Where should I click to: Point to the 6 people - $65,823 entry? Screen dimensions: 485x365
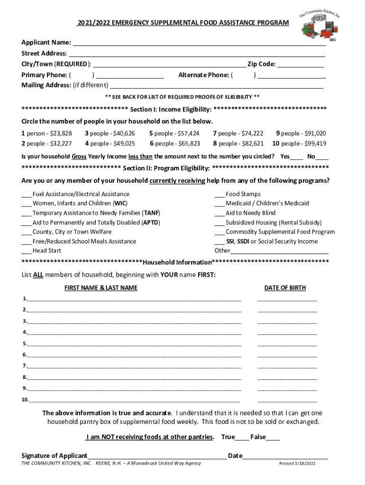pos(175,144)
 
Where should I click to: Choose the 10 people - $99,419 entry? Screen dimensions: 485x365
pos(299,144)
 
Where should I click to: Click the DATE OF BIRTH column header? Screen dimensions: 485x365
pos(285,287)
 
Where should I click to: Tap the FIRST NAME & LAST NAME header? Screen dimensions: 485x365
pos(101,287)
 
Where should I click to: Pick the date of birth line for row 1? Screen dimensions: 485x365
pos(287,300)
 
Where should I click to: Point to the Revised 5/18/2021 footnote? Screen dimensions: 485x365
pos(297,463)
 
